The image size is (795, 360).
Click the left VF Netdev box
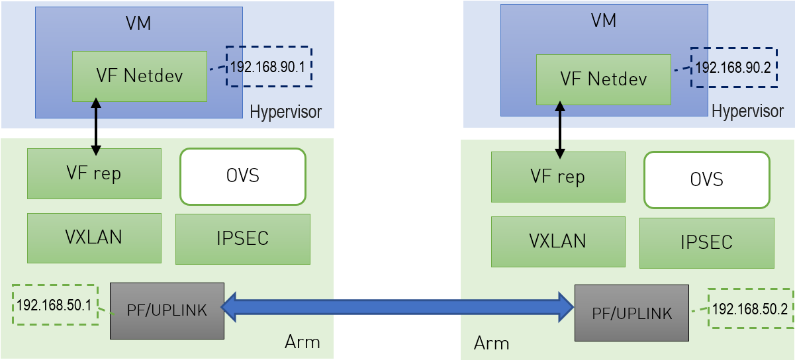click(140, 76)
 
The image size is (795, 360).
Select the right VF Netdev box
click(603, 79)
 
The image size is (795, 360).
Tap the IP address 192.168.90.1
click(269, 67)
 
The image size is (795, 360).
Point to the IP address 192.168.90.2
click(733, 67)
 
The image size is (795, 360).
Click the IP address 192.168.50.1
click(55, 305)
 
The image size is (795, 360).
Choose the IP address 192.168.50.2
click(750, 308)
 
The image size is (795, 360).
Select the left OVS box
click(243, 176)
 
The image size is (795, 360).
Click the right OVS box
click(706, 180)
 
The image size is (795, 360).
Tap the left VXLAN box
click(94, 238)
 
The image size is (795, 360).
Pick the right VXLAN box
click(558, 242)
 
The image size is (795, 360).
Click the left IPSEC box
click(243, 239)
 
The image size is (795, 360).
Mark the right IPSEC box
click(706, 243)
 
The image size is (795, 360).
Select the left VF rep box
click(94, 173)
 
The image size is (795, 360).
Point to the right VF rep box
click(558, 177)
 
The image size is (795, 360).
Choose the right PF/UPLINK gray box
click(631, 313)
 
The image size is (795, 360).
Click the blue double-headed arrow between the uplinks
click(397, 306)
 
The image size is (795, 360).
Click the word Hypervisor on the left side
click(285, 112)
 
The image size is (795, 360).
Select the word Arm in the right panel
click(491, 343)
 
